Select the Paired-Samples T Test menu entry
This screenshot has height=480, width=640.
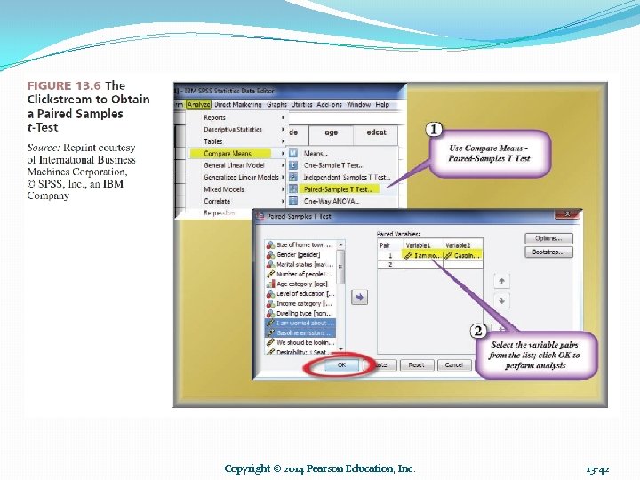click(x=338, y=188)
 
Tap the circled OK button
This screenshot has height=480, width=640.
click(x=342, y=364)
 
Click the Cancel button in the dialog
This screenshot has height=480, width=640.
click(x=453, y=364)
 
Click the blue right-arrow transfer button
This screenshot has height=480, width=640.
click(x=359, y=298)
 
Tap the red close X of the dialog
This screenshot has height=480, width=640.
click(x=567, y=214)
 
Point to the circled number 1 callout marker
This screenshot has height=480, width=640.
click(x=434, y=130)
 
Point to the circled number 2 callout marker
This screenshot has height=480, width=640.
click(x=477, y=332)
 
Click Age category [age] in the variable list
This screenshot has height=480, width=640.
click(x=302, y=284)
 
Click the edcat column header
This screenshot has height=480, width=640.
click(x=377, y=132)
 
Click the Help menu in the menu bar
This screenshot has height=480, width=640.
click(x=382, y=105)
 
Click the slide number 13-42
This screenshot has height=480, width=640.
click(x=598, y=468)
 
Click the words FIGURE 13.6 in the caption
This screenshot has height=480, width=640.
click(x=64, y=86)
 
